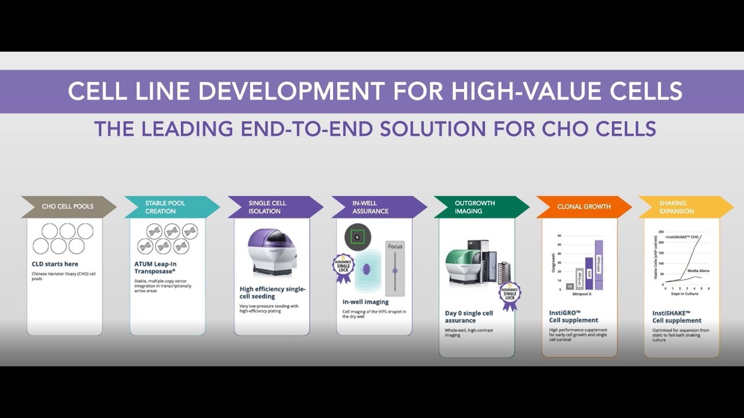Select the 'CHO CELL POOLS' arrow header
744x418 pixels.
tap(67, 207)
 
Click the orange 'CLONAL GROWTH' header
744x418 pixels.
tap(584, 207)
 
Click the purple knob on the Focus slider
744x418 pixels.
tap(395, 271)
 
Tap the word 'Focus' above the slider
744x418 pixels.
tap(395, 247)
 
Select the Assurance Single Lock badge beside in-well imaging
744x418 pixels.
tap(343, 269)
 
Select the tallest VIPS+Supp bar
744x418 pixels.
tap(599, 265)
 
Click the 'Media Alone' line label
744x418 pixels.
tap(698, 271)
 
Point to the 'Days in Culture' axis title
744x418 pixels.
tap(684, 294)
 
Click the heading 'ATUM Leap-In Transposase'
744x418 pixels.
tap(155, 267)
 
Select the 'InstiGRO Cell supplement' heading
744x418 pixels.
tap(574, 316)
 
